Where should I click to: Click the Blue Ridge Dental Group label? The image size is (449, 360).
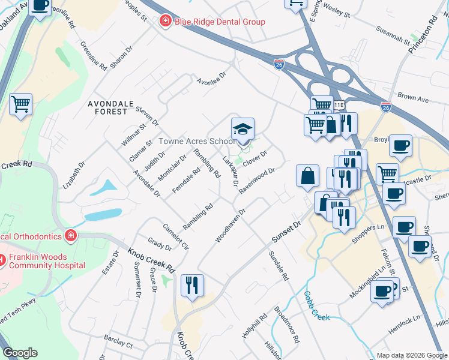[x=220, y=22]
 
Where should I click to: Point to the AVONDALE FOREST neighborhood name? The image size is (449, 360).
[x=108, y=107]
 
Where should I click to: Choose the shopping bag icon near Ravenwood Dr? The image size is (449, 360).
[x=307, y=176]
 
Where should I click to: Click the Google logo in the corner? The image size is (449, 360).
[x=20, y=353]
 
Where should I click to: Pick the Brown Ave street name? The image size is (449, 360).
[x=412, y=97]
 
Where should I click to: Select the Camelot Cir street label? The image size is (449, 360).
[x=176, y=236]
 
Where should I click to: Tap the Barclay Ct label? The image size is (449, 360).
[x=118, y=345]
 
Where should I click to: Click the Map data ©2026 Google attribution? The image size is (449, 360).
[x=411, y=355]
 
